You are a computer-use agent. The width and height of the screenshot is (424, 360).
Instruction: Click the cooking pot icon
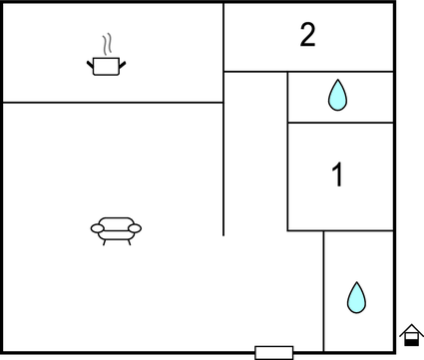107,67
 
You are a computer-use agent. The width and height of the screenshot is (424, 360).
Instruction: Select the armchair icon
116,229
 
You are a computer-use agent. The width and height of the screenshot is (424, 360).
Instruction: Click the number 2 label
307,36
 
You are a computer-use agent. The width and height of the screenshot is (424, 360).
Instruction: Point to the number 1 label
337,176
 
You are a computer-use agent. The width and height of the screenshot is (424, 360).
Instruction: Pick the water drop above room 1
338,95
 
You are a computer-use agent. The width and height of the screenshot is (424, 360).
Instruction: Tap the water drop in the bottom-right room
356,297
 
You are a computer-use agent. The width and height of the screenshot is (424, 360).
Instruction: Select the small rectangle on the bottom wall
273,352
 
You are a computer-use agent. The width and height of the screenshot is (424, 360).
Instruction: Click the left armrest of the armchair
98,229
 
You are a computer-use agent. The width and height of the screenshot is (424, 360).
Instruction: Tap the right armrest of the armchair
135,229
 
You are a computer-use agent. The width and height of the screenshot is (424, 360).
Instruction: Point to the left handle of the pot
91,64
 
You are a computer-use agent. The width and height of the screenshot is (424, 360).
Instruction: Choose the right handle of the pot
124,64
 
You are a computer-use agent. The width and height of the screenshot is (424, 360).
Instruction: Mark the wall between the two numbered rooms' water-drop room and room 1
339,123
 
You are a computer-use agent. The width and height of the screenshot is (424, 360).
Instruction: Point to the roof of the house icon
411,328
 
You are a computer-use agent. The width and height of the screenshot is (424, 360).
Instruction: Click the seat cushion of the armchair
116,231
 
